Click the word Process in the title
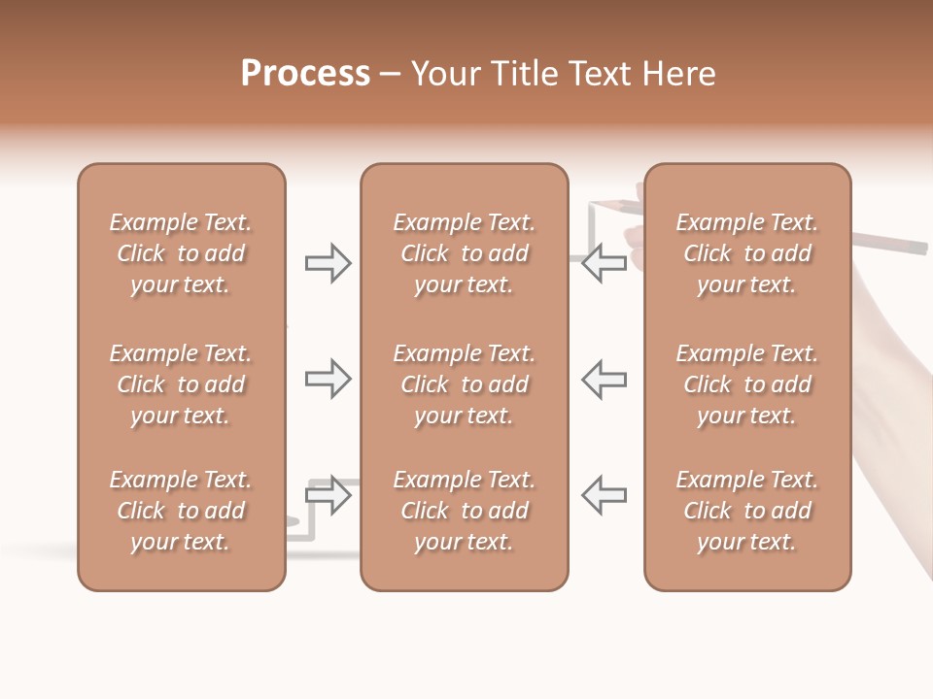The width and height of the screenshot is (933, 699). click(305, 74)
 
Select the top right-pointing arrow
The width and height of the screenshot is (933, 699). click(328, 263)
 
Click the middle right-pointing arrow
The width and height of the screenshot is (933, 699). click(328, 379)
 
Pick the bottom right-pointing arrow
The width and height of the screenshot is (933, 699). click(328, 495)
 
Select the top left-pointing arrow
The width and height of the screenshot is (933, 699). click(604, 263)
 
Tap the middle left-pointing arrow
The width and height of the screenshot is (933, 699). click(604, 379)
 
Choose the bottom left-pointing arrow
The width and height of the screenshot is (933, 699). click(604, 495)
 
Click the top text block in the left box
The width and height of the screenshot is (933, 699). click(181, 253)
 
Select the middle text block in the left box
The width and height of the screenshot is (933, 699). click(181, 384)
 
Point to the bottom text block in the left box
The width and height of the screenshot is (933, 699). click(181, 511)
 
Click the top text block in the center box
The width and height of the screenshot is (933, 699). click(464, 253)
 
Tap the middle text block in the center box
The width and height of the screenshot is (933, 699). click(464, 384)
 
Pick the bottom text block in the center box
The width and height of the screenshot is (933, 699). click(464, 511)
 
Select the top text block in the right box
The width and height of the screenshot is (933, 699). click(746, 253)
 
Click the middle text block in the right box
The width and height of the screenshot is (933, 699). click(746, 384)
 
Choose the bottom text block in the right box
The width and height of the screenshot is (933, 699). click(746, 511)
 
